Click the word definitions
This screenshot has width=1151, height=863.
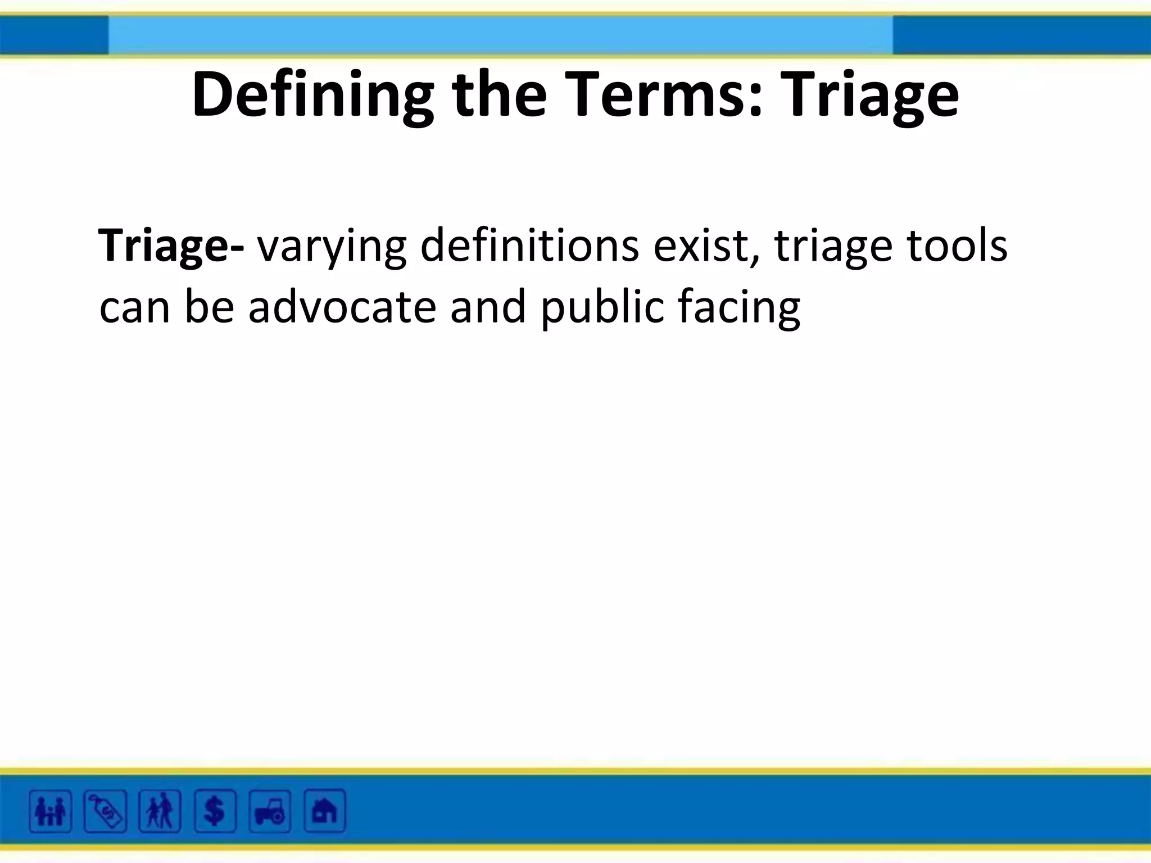coord(529,245)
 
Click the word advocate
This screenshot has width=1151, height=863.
coord(342,307)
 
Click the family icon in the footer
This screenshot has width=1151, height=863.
coord(51,811)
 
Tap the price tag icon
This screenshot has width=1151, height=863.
coord(105,811)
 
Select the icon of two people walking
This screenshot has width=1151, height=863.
coord(160,811)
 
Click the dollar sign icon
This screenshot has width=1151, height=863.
coord(215,811)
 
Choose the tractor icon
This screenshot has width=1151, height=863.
coord(270,811)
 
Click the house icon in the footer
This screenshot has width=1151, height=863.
coord(324,811)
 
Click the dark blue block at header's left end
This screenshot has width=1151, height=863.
coord(54,35)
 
